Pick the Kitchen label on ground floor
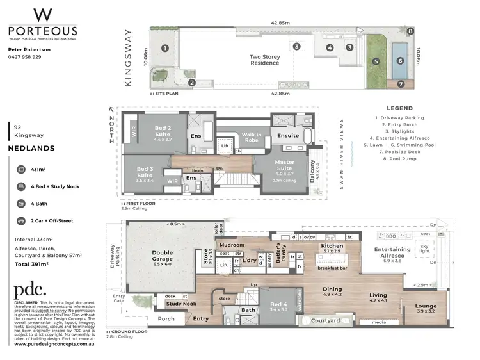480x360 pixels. tap(332, 245)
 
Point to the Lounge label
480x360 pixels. tap(426, 306)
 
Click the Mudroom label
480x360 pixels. tap(232, 245)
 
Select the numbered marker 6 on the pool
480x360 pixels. tap(401, 61)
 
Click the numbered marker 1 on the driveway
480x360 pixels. tap(164, 48)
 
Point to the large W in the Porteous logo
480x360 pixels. tap(42, 15)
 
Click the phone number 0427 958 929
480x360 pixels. tap(24, 56)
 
